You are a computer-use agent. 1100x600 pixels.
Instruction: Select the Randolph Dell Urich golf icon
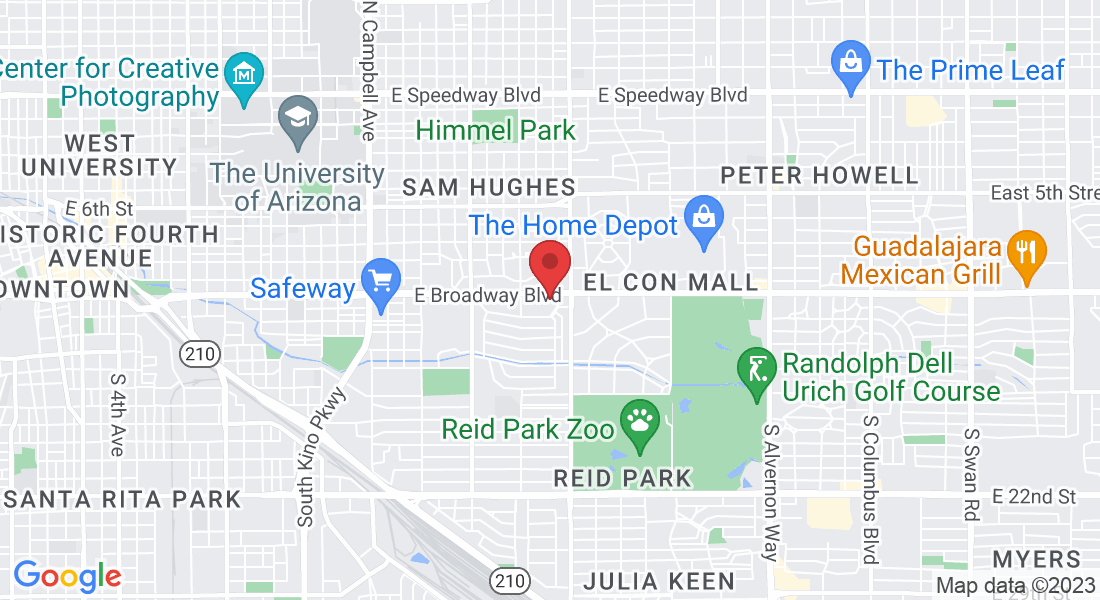tap(756, 369)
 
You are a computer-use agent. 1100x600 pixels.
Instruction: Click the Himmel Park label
tap(496, 130)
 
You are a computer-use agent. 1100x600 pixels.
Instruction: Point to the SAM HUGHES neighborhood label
tap(489, 187)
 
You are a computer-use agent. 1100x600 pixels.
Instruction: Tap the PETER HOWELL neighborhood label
tap(819, 176)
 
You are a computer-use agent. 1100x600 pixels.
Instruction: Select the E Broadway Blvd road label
tap(487, 296)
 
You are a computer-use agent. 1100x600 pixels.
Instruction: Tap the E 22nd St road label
tap(1034, 497)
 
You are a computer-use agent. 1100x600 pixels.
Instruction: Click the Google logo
tap(67, 576)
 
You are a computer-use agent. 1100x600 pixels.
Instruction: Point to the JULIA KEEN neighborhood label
tap(658, 580)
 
